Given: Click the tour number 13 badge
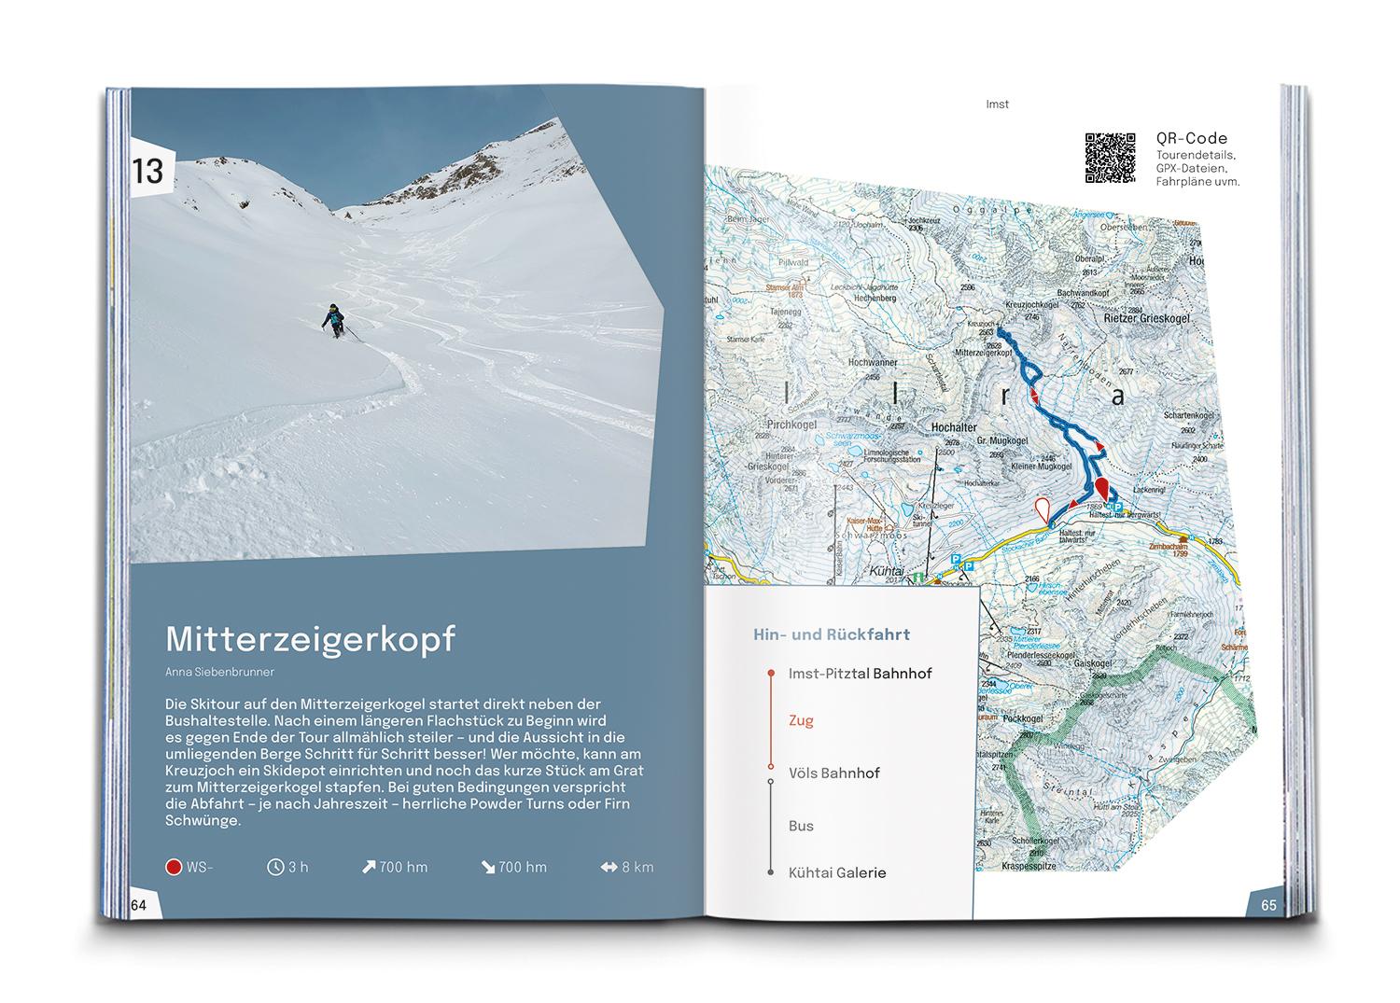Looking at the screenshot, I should pyautogui.click(x=148, y=171).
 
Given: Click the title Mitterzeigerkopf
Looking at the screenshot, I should pyautogui.click(x=310, y=640).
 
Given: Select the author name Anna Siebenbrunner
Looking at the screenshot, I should pyautogui.click(x=219, y=672).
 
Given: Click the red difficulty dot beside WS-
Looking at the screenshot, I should pyautogui.click(x=173, y=868).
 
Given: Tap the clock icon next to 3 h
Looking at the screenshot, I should pyautogui.click(x=275, y=868).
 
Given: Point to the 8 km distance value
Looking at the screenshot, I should pyautogui.click(x=638, y=868).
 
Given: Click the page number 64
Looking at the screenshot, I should pyautogui.click(x=139, y=904).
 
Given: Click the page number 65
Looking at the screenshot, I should pyautogui.click(x=1268, y=904).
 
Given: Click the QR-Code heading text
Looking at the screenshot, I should pyautogui.click(x=1192, y=139).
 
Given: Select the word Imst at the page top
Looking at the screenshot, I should pyautogui.click(x=997, y=104).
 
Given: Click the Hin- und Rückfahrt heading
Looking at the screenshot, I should pyautogui.click(x=831, y=634).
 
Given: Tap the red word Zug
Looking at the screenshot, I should pyautogui.click(x=801, y=720).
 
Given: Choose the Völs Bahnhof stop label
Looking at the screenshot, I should pyautogui.click(x=833, y=773).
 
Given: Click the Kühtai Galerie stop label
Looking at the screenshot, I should pyautogui.click(x=837, y=872).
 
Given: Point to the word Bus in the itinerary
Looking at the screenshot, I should pyautogui.click(x=801, y=826).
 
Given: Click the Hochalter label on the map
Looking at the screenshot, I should pyautogui.click(x=954, y=427).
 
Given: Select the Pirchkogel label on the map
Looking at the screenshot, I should pyautogui.click(x=791, y=425).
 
